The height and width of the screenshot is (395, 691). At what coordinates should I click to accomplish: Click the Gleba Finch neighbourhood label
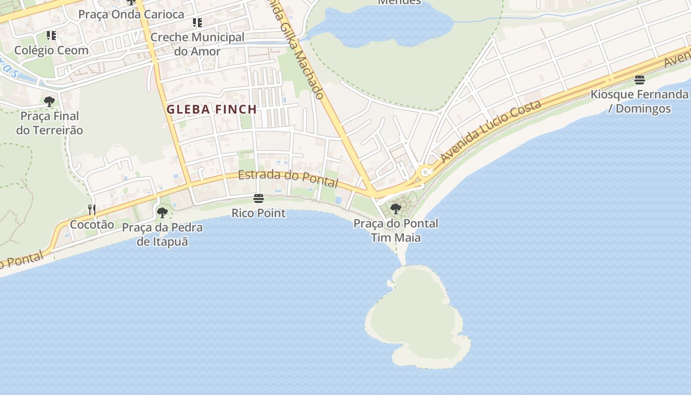point(211,110)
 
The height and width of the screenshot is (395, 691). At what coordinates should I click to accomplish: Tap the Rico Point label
point(259,213)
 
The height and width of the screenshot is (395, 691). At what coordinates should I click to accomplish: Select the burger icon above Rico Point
point(258,198)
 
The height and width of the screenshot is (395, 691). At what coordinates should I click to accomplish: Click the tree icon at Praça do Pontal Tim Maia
point(395,208)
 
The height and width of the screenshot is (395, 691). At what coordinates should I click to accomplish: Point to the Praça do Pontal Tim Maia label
point(396,230)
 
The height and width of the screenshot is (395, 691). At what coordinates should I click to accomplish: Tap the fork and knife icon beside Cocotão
point(92,209)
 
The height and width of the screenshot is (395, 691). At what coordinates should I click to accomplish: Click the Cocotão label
point(92,225)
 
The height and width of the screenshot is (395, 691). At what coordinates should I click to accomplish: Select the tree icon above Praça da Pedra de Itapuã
point(162,213)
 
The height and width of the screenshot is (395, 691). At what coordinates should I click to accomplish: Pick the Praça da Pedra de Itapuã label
point(162,235)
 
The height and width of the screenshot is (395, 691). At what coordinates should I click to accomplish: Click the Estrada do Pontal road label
point(288,178)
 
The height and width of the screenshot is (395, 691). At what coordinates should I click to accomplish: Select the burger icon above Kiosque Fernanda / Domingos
point(640,79)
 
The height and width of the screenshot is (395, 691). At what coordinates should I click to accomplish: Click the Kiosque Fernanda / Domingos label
point(640,101)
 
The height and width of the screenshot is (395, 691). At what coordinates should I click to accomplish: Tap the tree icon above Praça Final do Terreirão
point(49,102)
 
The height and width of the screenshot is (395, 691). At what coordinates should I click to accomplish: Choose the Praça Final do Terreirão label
point(49,123)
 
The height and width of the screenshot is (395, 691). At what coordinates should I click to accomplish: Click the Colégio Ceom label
point(51,50)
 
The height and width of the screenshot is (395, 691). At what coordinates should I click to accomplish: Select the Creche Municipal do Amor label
point(197,44)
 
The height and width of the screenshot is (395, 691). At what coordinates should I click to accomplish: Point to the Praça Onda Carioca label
point(131,14)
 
